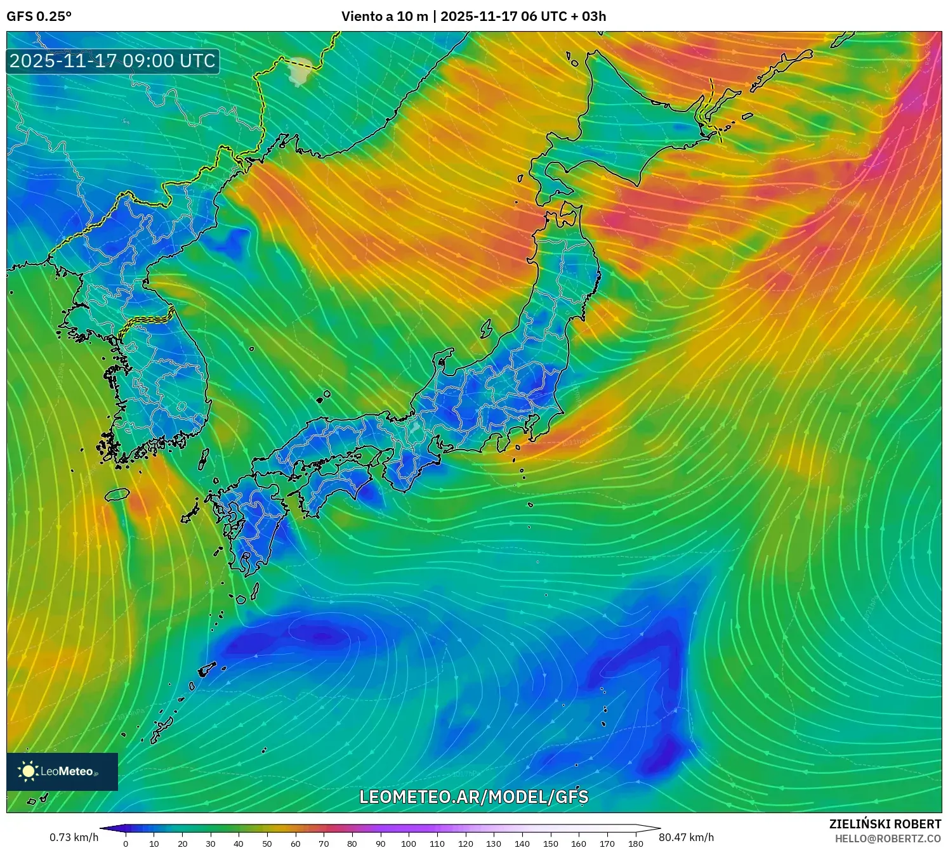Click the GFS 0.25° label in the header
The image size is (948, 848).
pos(39,16)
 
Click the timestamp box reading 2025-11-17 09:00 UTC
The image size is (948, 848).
pos(113,61)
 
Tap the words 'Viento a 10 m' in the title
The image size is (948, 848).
pos(385,16)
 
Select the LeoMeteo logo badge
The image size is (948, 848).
pos(62,771)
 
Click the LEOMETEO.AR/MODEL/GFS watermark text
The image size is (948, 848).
pos(473,797)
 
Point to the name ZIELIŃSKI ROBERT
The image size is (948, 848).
pos(885,824)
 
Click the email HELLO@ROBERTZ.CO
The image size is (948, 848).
pos(888,838)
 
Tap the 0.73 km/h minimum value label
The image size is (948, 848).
pos(74,837)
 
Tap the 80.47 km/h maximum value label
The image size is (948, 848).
pos(686,837)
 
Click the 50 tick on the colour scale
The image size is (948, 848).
pos(267,844)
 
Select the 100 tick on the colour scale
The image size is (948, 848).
pos(409,844)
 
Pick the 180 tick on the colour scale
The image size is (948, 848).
pos(635,844)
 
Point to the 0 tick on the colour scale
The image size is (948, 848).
pos(126,844)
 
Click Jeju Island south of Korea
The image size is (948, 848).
pos(117,494)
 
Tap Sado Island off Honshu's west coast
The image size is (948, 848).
pos(487,329)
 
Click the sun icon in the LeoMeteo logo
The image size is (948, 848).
pos(28,771)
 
